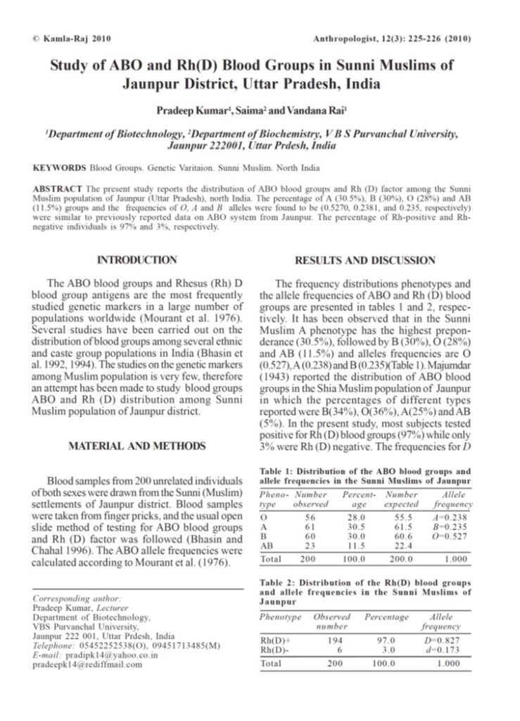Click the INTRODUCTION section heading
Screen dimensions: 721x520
(x=137, y=260)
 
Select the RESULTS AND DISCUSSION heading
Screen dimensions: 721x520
(x=364, y=260)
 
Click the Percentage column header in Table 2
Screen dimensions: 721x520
(x=386, y=617)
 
